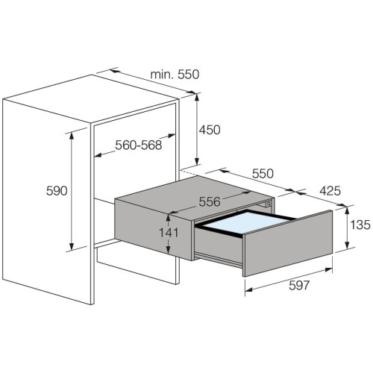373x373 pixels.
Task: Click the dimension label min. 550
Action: click(x=175, y=75)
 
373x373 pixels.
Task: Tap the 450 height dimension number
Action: click(x=210, y=130)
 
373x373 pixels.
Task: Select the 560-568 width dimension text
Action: click(x=139, y=145)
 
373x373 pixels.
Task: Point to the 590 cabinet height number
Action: click(x=57, y=191)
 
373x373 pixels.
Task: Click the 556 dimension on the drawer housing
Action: click(x=210, y=201)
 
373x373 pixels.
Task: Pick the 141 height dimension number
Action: click(x=169, y=233)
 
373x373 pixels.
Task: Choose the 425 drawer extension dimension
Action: click(x=330, y=191)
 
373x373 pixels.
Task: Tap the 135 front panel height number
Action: click(x=360, y=225)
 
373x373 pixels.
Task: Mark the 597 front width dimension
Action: click(x=299, y=285)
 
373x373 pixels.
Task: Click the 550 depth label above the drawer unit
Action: click(x=263, y=174)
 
